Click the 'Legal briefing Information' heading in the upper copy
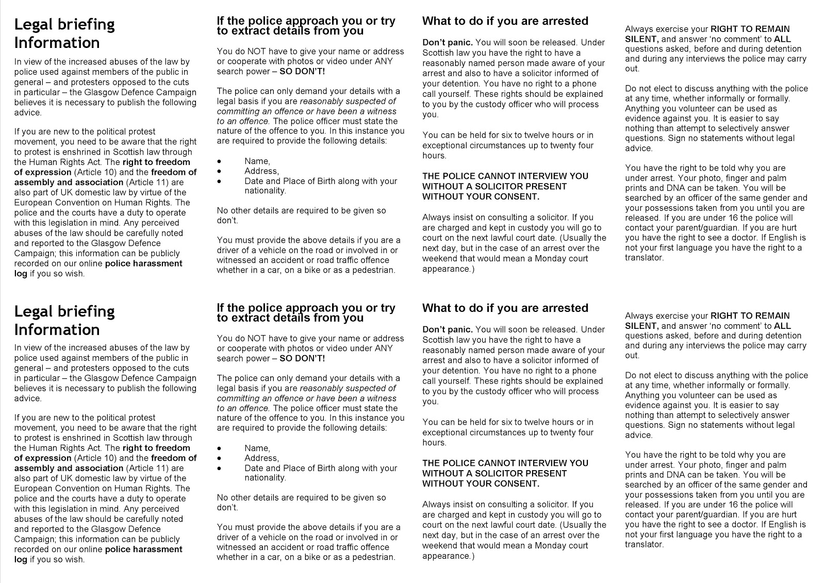[x=64, y=34]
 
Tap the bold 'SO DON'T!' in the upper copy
[x=302, y=71]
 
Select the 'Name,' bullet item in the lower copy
[x=257, y=448]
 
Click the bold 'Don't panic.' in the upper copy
[x=447, y=42]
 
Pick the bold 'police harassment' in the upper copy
[x=143, y=263]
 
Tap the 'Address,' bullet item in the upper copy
[x=261, y=171]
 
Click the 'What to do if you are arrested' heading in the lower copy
[x=505, y=308]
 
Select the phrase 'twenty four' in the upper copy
[x=572, y=145]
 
